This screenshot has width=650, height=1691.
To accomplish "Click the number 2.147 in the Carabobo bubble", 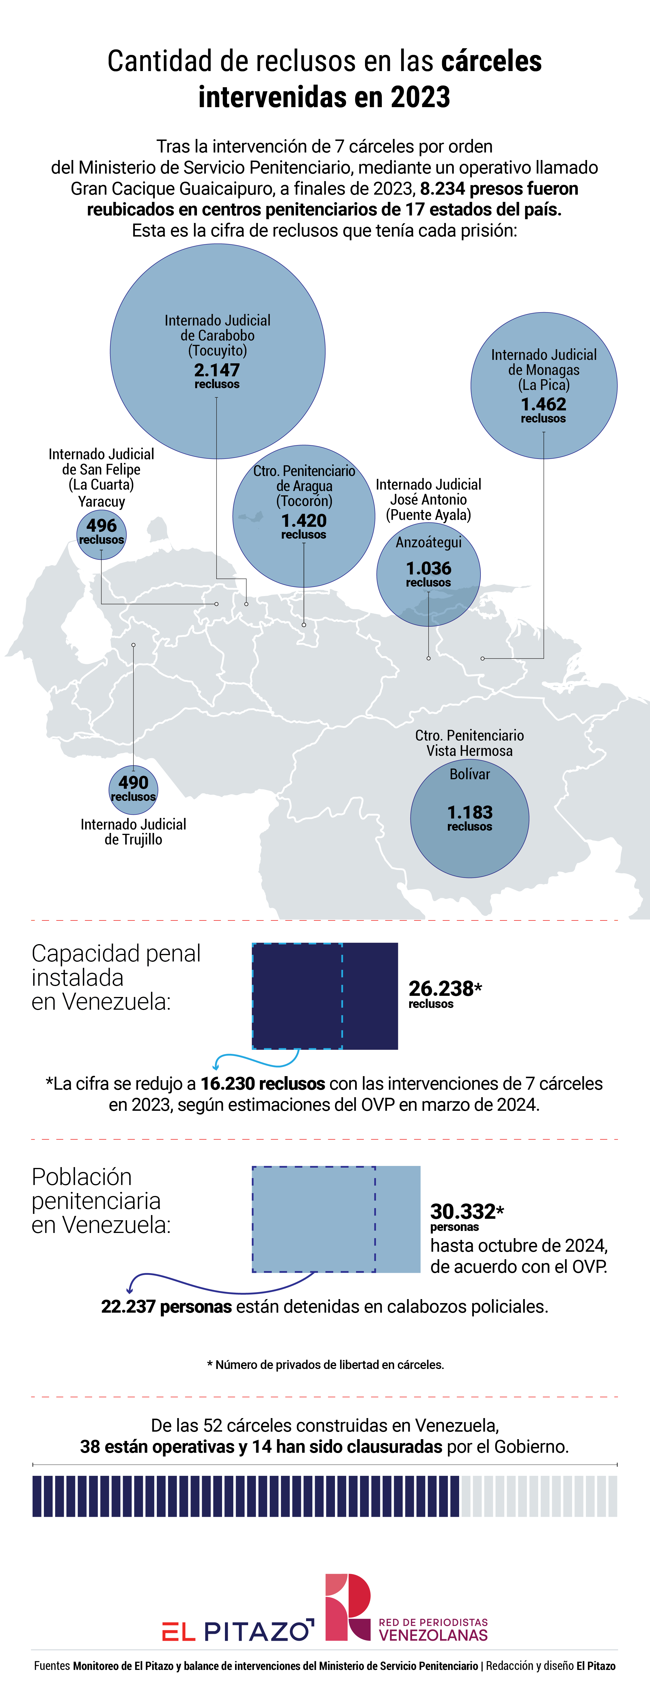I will tap(217, 370).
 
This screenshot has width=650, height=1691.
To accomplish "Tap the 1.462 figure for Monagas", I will tap(543, 404).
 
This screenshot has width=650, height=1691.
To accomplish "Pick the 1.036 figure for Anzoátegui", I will tap(428, 568).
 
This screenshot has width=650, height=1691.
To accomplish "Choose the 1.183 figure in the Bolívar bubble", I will tap(470, 813).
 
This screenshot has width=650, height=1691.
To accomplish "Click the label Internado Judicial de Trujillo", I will tap(133, 832).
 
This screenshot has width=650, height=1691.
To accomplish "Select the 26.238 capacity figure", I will tap(441, 988).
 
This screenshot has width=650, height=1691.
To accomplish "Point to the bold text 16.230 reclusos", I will tap(262, 1084).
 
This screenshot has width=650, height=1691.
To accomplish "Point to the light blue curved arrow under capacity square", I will tap(256, 1058).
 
